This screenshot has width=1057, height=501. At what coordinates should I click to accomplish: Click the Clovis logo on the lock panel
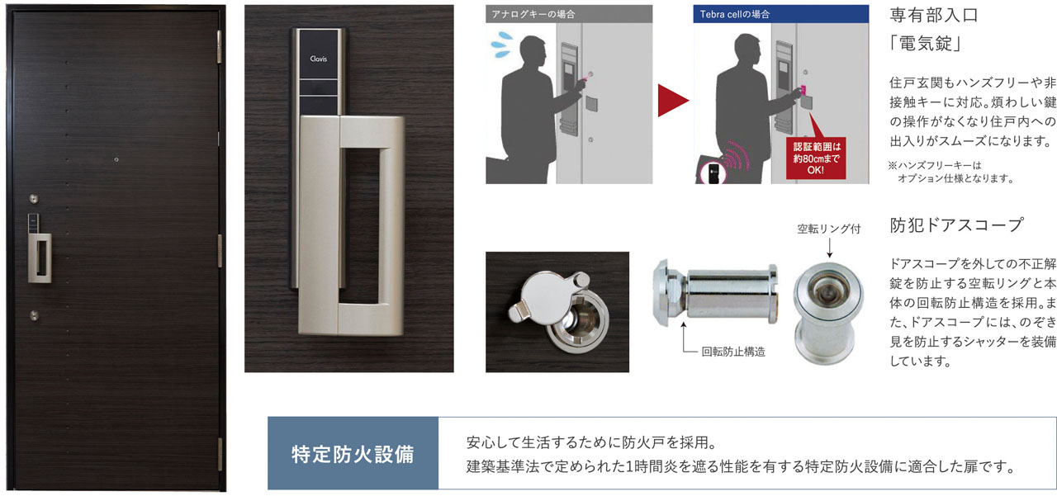[x=319, y=59]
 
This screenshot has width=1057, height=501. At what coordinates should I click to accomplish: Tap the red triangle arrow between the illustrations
[x=672, y=101]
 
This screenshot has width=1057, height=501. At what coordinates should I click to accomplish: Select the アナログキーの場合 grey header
[x=569, y=14]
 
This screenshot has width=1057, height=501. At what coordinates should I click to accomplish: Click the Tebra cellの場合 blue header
[x=781, y=14]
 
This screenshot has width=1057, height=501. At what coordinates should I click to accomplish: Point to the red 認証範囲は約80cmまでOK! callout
[x=816, y=158]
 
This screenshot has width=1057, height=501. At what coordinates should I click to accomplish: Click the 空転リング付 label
[x=829, y=229]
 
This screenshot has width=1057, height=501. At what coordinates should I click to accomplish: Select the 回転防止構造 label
[x=733, y=352]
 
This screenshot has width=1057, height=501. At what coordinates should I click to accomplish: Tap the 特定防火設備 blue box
[x=353, y=453]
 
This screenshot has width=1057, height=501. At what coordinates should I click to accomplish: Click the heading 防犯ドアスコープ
[x=956, y=225]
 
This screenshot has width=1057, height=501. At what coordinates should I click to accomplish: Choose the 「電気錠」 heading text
[x=924, y=44]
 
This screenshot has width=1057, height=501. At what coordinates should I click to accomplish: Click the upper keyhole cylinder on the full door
[x=34, y=199]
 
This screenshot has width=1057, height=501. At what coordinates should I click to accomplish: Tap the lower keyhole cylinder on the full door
[x=34, y=315]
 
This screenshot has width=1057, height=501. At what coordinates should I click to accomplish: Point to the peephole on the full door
[x=116, y=160]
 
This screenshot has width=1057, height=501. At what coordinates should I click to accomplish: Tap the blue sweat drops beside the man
[x=502, y=45]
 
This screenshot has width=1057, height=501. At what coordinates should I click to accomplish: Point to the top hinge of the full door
[x=220, y=47]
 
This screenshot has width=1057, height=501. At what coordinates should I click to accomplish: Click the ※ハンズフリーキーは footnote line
[x=935, y=165]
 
